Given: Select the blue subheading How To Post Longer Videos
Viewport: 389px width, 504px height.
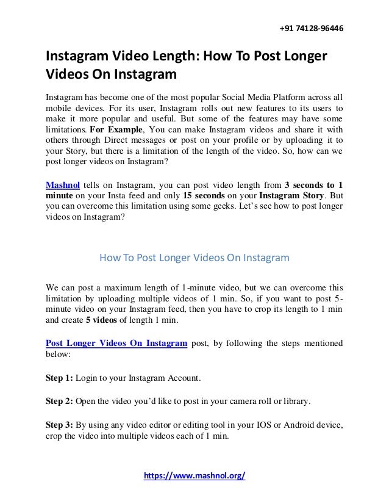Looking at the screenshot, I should (194, 257).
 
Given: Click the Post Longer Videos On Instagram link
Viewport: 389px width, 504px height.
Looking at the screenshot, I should (116, 342).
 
